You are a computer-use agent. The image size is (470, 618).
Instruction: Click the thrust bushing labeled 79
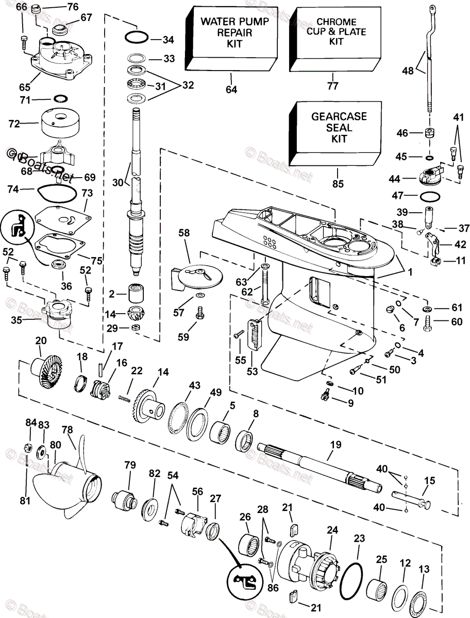(x=124, y=499)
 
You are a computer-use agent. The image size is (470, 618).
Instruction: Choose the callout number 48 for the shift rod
(x=408, y=71)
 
